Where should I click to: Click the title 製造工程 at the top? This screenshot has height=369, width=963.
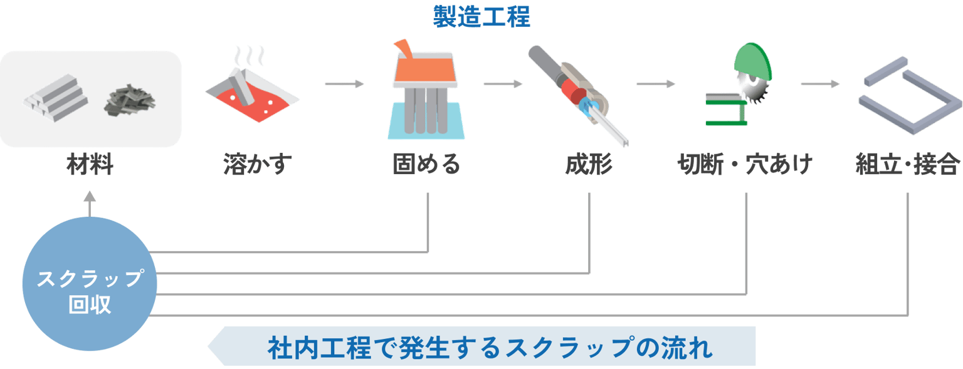(481, 16)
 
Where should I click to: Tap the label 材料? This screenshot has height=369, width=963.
(90, 164)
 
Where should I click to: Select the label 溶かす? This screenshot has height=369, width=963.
(258, 164)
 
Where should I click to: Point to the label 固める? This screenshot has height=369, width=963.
(426, 164)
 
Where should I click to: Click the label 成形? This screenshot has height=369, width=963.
(589, 164)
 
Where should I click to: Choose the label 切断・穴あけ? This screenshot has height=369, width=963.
(745, 164)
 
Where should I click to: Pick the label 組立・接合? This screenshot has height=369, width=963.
(908, 164)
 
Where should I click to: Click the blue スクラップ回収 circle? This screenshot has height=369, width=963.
(90, 284)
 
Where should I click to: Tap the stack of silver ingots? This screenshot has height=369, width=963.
(56, 98)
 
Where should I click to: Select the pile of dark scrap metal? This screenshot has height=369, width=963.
(130, 101)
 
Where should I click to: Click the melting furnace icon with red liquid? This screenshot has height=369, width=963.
(253, 95)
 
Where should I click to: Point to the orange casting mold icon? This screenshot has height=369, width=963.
(426, 90)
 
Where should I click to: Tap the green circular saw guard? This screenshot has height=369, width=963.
(753, 61)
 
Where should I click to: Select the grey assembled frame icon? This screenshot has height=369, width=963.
(910, 95)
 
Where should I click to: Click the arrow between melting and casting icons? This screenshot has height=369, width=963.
(344, 84)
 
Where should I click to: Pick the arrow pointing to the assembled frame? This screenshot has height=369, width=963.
(820, 84)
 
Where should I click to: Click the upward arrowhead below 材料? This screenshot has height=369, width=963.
(90, 197)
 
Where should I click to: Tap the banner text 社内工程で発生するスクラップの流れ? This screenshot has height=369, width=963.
(490, 347)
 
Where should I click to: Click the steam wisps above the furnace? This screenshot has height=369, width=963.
(249, 56)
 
